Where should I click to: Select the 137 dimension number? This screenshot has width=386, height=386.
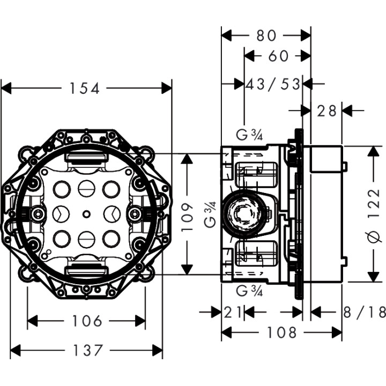pos(86,351)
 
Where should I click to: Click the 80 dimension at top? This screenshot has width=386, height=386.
pos(266,35)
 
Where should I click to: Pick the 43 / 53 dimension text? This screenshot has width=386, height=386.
pos(273,84)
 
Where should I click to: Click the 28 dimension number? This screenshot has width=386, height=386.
pos(326,110)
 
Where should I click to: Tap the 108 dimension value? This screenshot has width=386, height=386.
pos(281,333)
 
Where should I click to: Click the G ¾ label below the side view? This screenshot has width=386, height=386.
pos(249,292)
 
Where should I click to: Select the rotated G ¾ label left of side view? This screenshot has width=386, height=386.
pos(212,214)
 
